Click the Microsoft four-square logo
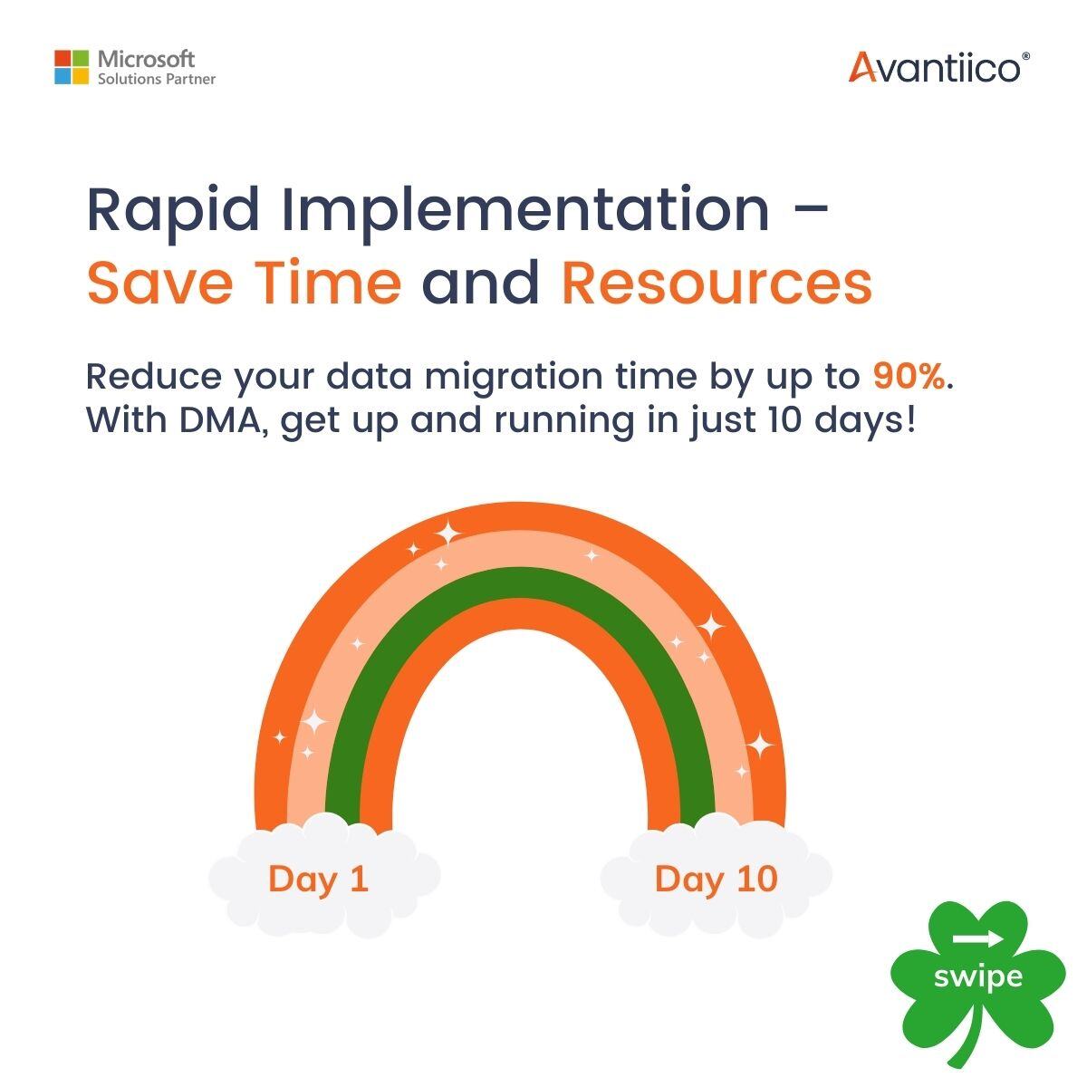coord(72,67)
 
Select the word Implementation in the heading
coord(524,210)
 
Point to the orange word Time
coord(327,282)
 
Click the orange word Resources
coord(717,282)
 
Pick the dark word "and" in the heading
coord(480,282)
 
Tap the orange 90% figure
coord(909,377)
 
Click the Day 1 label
coord(319,879)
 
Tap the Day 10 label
coord(716,879)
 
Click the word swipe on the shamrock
coord(977,976)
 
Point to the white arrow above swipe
coord(978,938)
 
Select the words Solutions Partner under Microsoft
coord(157,80)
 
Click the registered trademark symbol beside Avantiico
coord(1025,56)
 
